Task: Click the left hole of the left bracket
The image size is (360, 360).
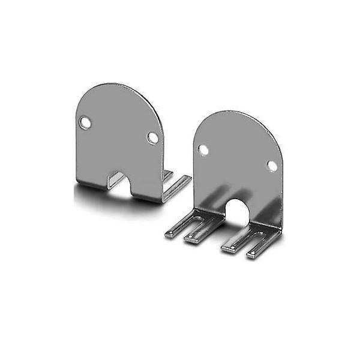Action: [x=87, y=122]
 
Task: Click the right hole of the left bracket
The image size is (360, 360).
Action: [x=153, y=137]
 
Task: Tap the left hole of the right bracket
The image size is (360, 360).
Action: [x=204, y=149]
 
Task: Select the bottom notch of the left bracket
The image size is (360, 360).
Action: [x=119, y=182]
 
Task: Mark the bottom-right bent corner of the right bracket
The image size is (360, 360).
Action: [x=277, y=231]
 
